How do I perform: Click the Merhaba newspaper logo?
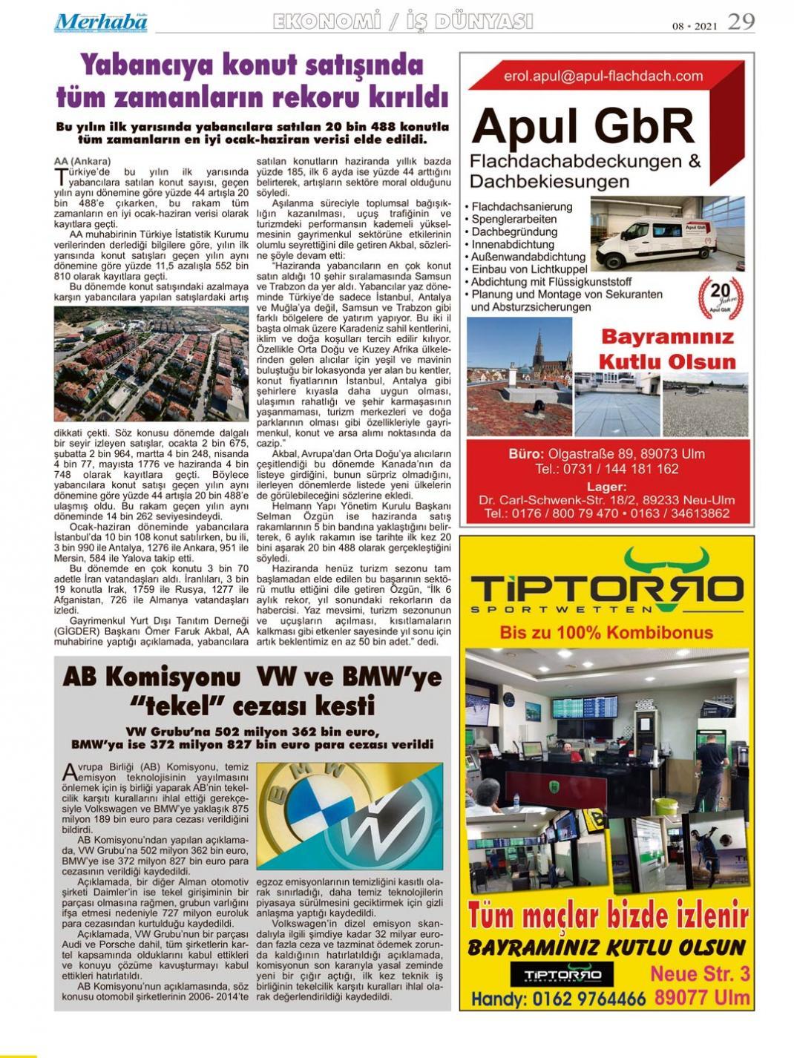coord(100,22)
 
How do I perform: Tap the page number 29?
coord(741,22)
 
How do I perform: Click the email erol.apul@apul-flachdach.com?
coord(603,76)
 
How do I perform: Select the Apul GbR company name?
coord(583,126)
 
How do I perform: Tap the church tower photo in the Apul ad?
coord(519,376)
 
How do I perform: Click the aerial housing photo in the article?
coord(151,364)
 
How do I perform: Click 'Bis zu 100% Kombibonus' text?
coord(606,632)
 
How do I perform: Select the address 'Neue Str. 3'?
coord(699,973)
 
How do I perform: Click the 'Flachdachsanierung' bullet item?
coord(522,206)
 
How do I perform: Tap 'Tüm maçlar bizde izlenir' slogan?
coord(608,917)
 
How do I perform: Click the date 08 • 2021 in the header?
coord(694,26)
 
